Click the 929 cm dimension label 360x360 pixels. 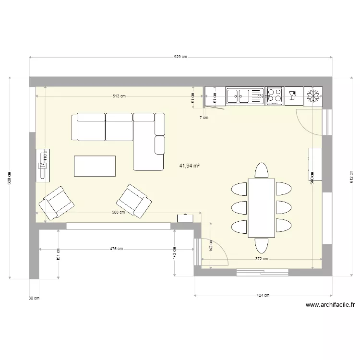click(180, 57)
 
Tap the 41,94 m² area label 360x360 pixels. click(190, 166)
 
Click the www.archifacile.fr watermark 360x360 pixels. click(330, 304)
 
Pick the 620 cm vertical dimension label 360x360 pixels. click(9, 178)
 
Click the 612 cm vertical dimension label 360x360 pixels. click(351, 177)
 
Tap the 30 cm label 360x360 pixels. click(34, 298)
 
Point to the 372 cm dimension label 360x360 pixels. click(261, 259)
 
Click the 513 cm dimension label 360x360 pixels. click(119, 96)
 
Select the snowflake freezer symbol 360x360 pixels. click(313, 96)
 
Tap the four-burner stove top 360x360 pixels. click(275, 96)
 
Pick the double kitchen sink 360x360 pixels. click(245, 96)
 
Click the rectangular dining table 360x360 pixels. click(261, 207)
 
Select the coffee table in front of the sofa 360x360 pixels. click(95, 166)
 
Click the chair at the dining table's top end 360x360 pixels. click(261, 170)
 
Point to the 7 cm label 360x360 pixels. click(204, 117)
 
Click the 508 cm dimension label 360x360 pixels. click(119, 212)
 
